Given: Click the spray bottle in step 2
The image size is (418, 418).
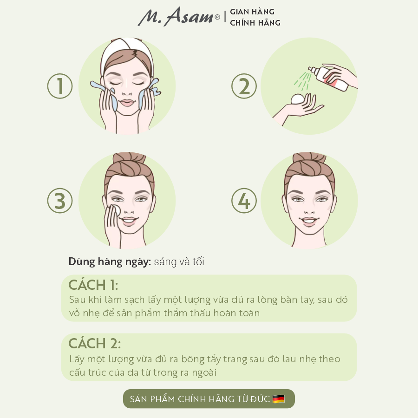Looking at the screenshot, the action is [328, 78].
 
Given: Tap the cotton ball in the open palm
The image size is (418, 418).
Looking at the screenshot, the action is [297, 99].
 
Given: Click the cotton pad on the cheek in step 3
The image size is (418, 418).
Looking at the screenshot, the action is [117, 210].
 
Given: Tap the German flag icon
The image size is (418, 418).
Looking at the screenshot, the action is [279, 399].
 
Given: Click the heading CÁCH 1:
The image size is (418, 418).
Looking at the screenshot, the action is [93, 285].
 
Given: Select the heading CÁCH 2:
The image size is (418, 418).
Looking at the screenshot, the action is [94, 343].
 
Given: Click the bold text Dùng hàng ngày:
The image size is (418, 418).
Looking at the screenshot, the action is [110, 262].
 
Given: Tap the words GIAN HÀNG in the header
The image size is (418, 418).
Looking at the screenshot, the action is [252, 12].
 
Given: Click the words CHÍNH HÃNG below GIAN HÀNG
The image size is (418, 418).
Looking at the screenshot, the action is [255, 23].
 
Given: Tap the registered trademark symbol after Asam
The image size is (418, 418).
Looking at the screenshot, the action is [217, 17].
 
